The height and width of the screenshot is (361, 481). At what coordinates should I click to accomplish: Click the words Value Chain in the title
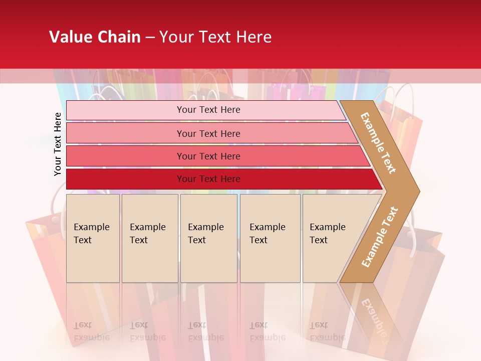[95, 37]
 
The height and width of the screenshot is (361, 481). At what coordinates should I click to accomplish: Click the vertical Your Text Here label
[58, 144]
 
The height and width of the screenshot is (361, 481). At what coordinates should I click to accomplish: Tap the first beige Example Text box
[93, 238]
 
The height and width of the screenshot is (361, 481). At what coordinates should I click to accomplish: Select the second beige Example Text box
[150, 238]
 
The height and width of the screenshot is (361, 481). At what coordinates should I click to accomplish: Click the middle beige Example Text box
[208, 238]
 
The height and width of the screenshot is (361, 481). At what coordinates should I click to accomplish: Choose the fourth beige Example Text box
[270, 238]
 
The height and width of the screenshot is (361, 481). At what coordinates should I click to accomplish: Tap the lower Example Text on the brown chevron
[380, 237]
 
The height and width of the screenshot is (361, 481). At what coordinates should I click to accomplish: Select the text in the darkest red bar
[208, 179]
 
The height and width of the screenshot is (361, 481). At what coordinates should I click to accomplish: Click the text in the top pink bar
[208, 110]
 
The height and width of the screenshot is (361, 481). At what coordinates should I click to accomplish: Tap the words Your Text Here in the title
[215, 37]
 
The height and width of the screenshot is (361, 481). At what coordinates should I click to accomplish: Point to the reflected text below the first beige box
[91, 331]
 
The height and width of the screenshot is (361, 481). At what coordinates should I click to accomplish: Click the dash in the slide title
[150, 38]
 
